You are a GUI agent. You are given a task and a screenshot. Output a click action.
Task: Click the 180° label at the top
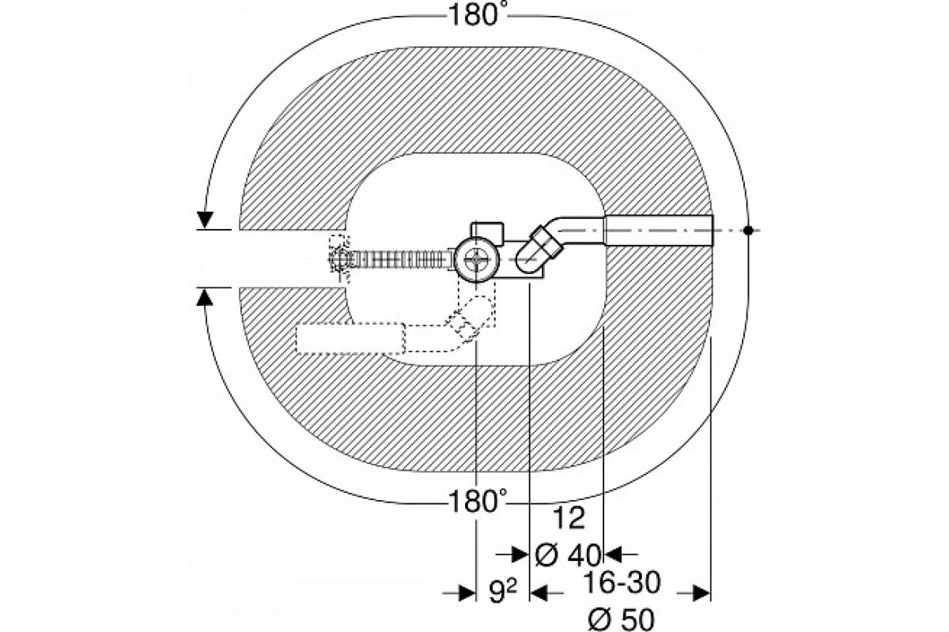[x=478, y=16]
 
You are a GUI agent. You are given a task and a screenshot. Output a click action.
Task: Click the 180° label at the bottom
[x=478, y=502]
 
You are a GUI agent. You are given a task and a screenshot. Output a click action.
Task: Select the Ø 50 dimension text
[x=621, y=619]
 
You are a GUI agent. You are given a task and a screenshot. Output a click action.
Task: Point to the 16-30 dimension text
[x=622, y=583]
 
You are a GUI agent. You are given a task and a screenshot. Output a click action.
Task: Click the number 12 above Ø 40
[x=569, y=518]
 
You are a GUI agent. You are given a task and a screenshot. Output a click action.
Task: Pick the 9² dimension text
[x=503, y=592]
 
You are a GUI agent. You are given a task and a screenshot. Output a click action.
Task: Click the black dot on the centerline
[x=748, y=230]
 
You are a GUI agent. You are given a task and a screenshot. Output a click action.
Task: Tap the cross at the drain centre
[x=477, y=259]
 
